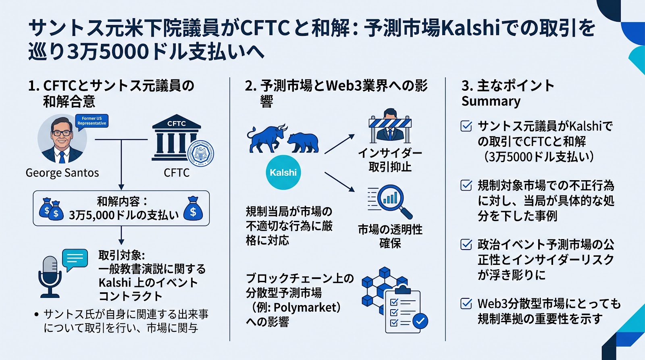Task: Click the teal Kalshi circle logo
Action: pyautogui.click(x=283, y=172)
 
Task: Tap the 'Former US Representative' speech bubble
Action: pyautogui.click(x=92, y=121)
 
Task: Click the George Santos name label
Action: pyautogui.click(x=62, y=173)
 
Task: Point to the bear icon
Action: pyautogui.click(x=303, y=143)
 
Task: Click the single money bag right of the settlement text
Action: pyautogui.click(x=193, y=208)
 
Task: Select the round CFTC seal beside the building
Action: pyautogui.click(x=200, y=154)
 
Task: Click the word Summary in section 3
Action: pyautogui.click(x=491, y=101)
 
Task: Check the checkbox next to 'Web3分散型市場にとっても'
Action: pyautogui.click(x=466, y=304)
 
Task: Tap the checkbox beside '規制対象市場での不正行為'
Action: pyautogui.click(x=466, y=185)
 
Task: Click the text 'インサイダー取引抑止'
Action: pyautogui.click(x=390, y=160)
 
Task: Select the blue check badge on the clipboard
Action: pyautogui.click(x=420, y=321)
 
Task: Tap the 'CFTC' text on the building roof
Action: pyautogui.click(x=177, y=123)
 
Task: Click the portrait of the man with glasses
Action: pyautogui.click(x=62, y=139)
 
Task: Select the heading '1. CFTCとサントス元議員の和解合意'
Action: pyautogui.click(x=111, y=94)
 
